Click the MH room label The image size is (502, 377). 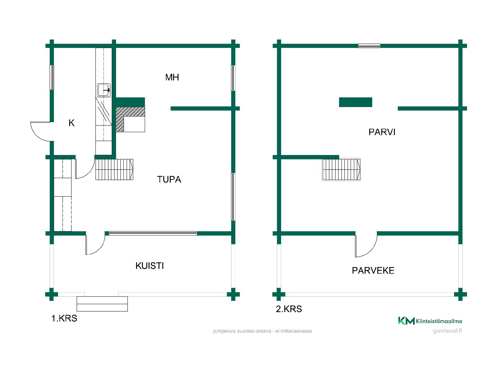172,77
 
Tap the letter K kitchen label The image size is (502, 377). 71,123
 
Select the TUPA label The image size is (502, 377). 169,179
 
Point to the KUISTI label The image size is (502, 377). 150,266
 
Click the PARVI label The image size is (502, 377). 382,132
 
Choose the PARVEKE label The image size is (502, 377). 373,270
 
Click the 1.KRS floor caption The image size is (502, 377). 64,318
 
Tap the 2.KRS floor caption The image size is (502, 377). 289,309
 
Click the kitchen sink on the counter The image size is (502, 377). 104,90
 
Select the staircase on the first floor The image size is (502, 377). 114,169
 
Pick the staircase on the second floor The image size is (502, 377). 341,169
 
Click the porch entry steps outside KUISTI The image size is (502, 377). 102,304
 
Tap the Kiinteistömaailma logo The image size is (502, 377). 430,321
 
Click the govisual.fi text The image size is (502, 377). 447,331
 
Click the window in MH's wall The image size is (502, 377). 233,78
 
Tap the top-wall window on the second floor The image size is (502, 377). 369,46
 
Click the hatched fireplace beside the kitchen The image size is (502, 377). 130,119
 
